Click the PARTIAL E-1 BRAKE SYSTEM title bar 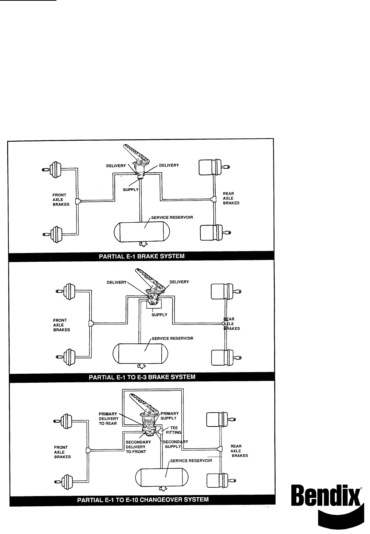pos(142,256)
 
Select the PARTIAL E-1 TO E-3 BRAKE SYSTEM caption pos(142,377)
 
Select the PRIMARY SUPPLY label pos(169,416)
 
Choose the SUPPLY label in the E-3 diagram pos(159,315)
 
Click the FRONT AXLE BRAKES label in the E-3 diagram pos(61,325)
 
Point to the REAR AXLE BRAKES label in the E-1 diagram pos(231,198)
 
